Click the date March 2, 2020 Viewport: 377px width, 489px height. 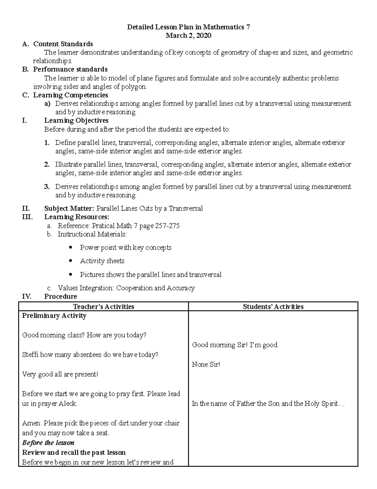tap(188, 36)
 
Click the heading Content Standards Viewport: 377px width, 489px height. tap(63, 44)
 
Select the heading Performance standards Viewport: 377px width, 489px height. tap(70, 69)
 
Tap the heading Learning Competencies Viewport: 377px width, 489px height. tap(70, 95)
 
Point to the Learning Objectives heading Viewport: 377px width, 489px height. tap(76, 120)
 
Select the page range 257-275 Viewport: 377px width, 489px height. tap(167, 226)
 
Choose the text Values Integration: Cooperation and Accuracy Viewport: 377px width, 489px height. tap(126, 288)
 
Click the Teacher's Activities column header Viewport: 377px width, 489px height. tap(103, 307)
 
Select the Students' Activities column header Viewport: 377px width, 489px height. tap(273, 307)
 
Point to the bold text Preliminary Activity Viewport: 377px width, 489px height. tap(54, 316)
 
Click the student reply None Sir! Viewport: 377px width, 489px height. tap(206, 364)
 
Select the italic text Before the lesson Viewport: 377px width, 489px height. tap(48, 443)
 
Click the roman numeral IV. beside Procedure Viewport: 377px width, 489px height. tap(26, 296)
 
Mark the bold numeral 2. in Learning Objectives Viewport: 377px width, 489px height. tap(47, 164)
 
